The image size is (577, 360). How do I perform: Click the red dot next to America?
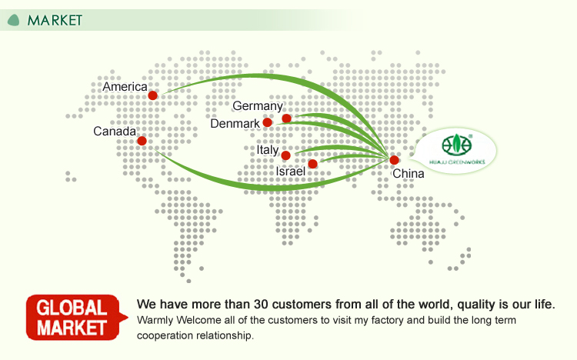[153, 95]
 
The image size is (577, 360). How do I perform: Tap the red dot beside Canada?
[142, 141]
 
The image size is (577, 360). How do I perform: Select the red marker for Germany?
[286, 118]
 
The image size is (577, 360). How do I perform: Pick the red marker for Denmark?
[267, 122]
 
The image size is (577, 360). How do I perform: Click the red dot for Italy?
[285, 155]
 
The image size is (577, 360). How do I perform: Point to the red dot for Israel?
[312, 164]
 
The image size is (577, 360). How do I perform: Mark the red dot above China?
[395, 160]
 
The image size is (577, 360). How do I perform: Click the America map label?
[125, 87]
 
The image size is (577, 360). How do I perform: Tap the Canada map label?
[115, 132]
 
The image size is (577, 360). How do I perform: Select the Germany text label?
[258, 106]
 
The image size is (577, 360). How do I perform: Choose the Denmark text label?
[235, 124]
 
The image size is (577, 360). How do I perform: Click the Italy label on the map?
[268, 150]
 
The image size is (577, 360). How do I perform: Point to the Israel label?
[291, 172]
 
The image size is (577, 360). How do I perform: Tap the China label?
[409, 174]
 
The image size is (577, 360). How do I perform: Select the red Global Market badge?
[75, 317]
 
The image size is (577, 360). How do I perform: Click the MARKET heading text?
[54, 20]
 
